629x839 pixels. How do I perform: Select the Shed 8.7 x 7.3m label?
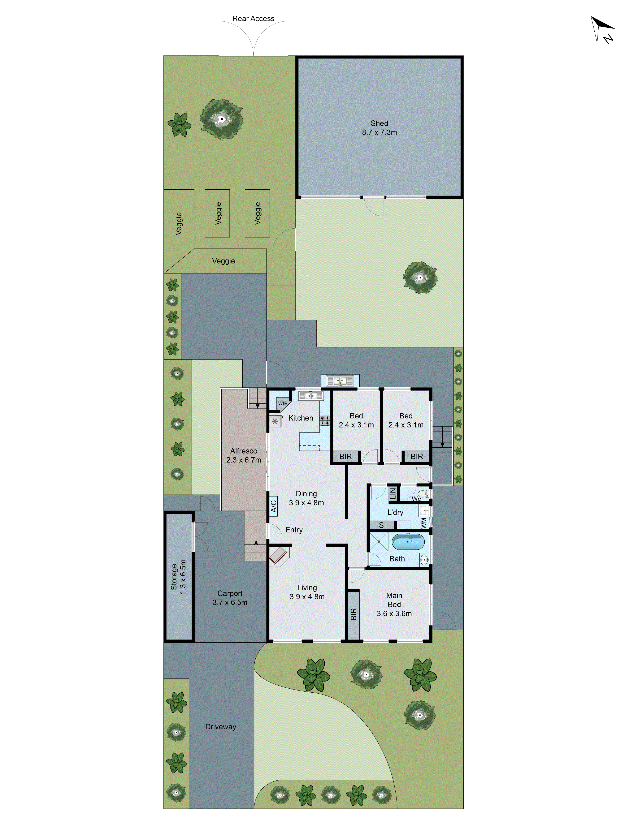[x=379, y=128]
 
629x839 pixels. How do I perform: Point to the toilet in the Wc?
[x=426, y=494]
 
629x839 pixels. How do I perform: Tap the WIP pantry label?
[x=282, y=403]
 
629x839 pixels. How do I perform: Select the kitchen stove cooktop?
[x=325, y=420]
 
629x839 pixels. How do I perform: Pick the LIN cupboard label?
[x=393, y=494]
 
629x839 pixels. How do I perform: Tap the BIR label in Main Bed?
[x=353, y=614]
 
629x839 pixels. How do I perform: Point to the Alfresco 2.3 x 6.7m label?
[x=244, y=455]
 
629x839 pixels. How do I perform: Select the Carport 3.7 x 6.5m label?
[x=230, y=598]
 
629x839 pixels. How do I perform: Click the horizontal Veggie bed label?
[x=223, y=261]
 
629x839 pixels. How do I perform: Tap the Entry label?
[x=294, y=530]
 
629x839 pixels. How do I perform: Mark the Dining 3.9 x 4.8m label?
[x=306, y=498]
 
